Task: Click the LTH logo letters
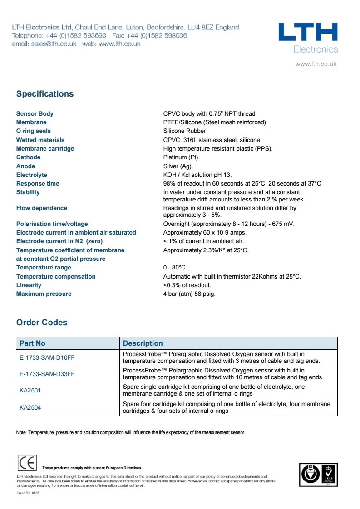308,33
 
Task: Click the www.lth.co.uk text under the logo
316,64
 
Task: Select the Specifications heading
45,94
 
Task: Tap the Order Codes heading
42,323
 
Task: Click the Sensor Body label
35,114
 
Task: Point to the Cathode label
28,157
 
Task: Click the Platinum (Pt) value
181,157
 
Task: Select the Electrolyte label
32,175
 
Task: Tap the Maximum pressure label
44,294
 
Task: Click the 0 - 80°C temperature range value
175,268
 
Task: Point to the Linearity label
29,285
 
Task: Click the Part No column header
32,343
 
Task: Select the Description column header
143,343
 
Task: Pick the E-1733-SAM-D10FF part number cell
47,357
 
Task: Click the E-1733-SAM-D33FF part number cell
47,374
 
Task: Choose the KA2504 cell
30,408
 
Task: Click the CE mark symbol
27,463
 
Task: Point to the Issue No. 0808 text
28,492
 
